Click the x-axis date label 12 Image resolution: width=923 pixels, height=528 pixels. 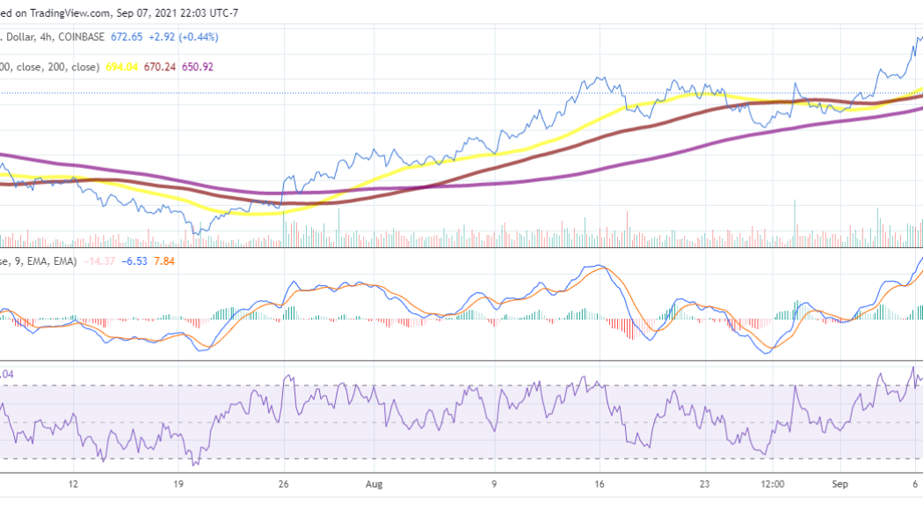[x=74, y=484]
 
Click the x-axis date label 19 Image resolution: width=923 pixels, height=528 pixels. [x=178, y=484]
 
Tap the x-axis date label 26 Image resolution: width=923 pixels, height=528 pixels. [x=283, y=484]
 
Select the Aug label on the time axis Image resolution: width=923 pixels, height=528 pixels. [x=375, y=484]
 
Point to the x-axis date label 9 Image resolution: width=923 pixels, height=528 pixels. [x=495, y=484]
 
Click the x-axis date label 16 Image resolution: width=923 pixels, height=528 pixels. [x=600, y=484]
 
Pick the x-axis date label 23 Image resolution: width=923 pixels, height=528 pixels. [x=704, y=484]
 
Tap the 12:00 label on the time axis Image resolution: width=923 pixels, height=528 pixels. [x=773, y=484]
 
